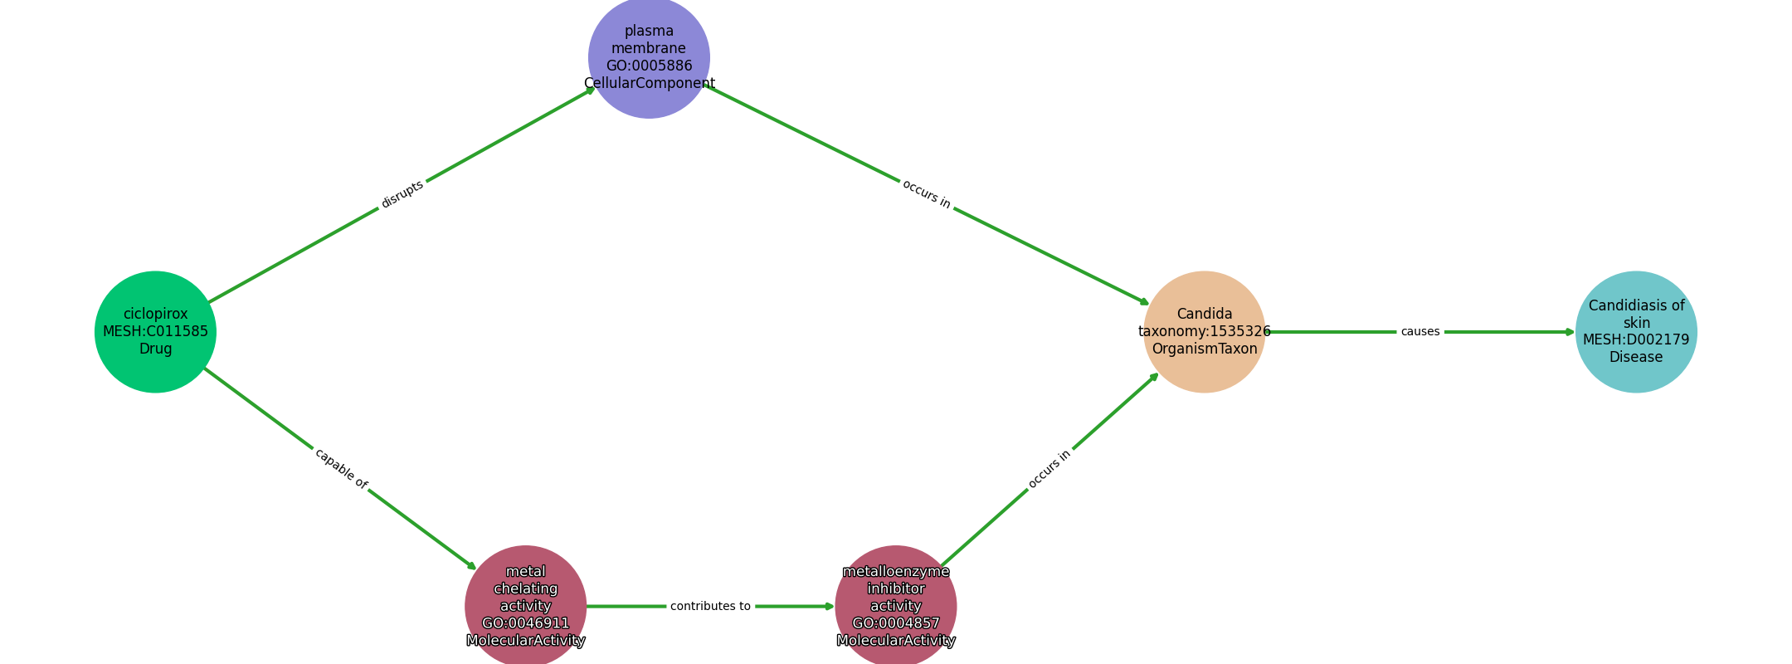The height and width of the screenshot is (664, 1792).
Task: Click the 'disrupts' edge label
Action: [402, 194]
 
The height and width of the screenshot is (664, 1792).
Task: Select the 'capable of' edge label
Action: [340, 468]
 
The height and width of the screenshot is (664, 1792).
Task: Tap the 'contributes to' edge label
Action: [710, 607]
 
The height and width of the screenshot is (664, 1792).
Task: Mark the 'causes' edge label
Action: [1420, 332]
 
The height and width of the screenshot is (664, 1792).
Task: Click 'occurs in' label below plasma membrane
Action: [926, 194]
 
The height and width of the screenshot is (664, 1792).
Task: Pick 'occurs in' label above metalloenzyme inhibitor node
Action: [1049, 469]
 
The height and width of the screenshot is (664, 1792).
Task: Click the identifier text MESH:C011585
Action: [155, 331]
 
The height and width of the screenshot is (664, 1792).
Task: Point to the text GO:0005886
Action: [649, 66]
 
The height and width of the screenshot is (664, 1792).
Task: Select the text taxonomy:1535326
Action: [1205, 331]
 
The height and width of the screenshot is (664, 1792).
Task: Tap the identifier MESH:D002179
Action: [1636, 339]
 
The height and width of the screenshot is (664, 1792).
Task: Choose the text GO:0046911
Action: [525, 623]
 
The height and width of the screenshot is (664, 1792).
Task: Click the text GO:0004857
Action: [896, 623]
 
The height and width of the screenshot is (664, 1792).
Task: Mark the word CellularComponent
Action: [649, 83]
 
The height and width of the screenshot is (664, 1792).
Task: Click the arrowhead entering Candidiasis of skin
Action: [1570, 332]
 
